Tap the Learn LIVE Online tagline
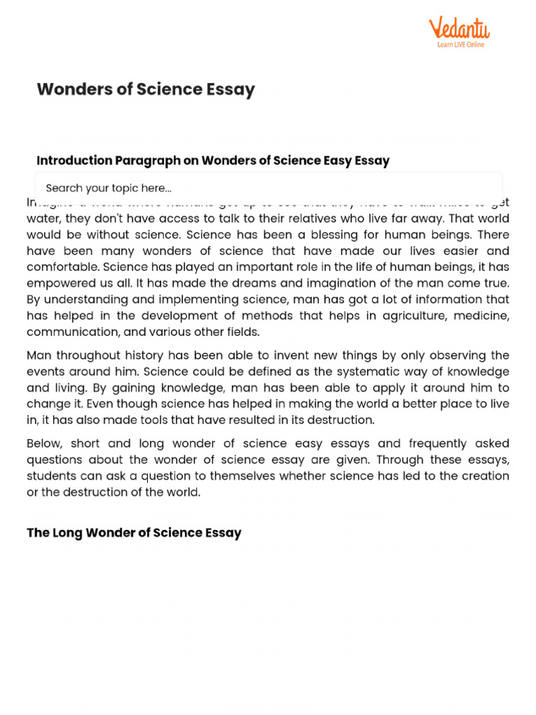coord(461,45)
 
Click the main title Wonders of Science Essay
coord(146,89)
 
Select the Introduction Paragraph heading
coord(213,161)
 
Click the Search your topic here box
coord(268,188)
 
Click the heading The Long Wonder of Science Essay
coord(134,533)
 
